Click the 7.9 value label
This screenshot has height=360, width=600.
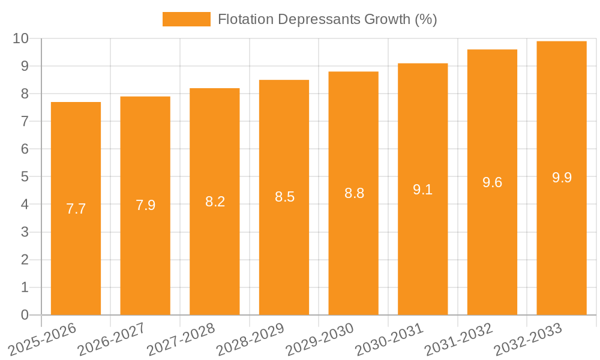(145, 205)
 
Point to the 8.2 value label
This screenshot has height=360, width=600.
(215, 202)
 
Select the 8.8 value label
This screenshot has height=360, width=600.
(354, 193)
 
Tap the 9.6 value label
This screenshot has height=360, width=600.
(493, 182)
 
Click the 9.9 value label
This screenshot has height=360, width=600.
(562, 178)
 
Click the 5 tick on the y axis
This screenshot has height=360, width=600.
(25, 177)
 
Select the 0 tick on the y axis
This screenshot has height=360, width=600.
(25, 315)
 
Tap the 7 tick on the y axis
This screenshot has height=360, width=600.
(25, 121)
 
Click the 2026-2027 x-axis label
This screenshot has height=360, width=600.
(112, 339)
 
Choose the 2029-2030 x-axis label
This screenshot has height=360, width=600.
(320, 339)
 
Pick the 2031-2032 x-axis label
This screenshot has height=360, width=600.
(459, 339)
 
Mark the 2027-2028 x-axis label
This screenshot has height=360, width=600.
(181, 339)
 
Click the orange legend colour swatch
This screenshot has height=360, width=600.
(187, 19)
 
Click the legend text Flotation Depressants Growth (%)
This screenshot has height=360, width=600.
(327, 19)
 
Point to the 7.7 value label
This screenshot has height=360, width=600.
(76, 209)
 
